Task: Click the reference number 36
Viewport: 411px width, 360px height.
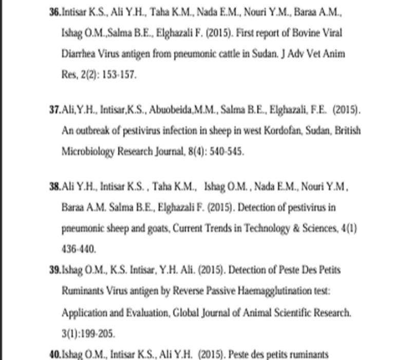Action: coord(55,12)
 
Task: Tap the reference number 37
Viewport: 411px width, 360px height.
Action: coord(55,110)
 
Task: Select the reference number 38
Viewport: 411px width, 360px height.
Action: coord(55,187)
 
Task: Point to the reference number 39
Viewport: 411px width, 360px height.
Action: coord(55,270)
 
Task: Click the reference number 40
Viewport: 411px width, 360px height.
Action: coord(55,354)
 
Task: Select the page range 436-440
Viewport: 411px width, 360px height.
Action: coord(79,249)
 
